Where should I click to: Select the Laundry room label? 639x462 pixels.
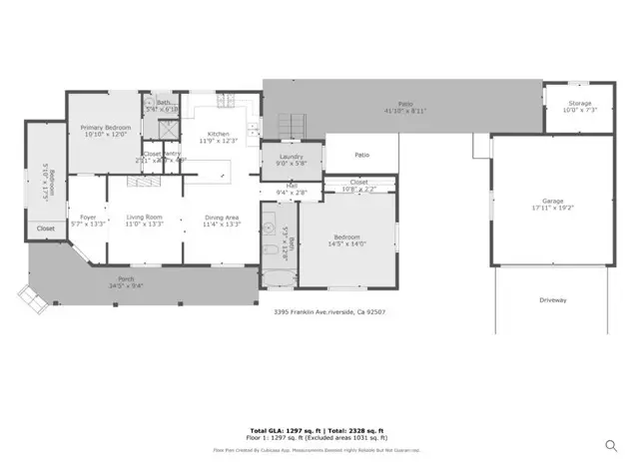coord(280,158)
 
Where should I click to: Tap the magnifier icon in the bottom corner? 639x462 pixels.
coord(610,445)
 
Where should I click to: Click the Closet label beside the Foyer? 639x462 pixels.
coord(46,229)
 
